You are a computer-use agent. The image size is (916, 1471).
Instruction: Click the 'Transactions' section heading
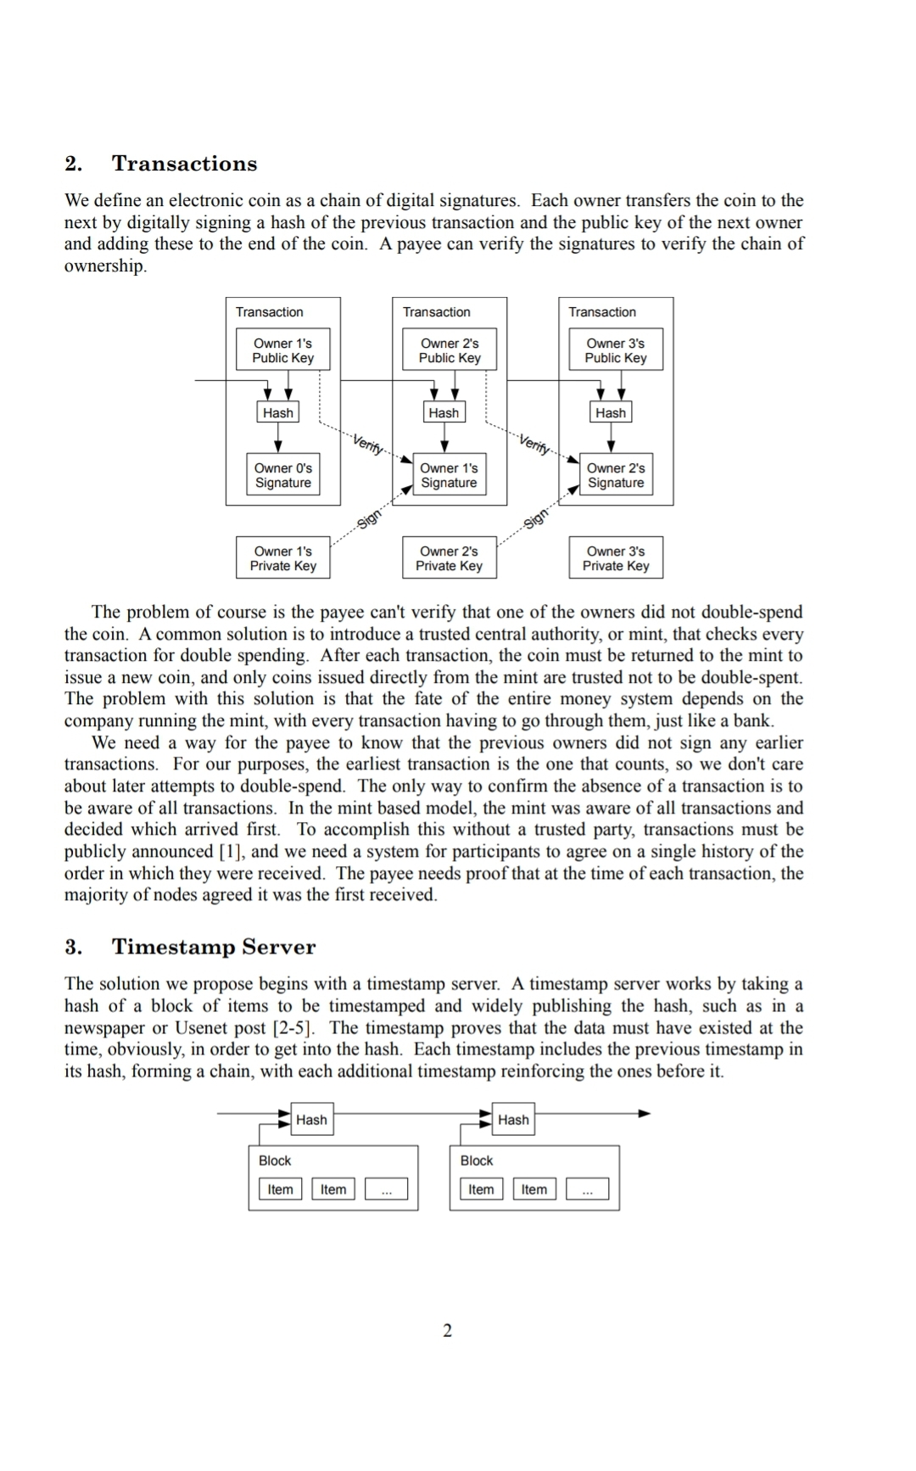(184, 164)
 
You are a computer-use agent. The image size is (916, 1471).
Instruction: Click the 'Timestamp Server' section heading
(214, 947)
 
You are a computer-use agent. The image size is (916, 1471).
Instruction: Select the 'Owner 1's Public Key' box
(282, 350)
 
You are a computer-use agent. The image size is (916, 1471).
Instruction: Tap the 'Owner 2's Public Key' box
(450, 350)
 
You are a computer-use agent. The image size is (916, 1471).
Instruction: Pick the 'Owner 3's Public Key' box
(616, 350)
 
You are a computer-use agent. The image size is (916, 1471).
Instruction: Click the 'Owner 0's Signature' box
(283, 475)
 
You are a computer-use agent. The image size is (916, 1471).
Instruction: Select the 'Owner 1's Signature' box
(449, 475)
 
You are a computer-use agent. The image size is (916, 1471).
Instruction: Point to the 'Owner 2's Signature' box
(616, 475)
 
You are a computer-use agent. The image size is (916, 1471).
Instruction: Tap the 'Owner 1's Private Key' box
(282, 558)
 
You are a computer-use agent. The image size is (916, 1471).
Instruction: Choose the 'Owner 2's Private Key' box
(449, 558)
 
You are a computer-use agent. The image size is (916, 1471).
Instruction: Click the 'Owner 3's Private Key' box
(616, 558)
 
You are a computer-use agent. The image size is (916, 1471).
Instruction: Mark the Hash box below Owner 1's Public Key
(278, 413)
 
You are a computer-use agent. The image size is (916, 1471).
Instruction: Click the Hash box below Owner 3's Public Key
(611, 413)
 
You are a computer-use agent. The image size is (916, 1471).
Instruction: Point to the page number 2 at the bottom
(448, 1330)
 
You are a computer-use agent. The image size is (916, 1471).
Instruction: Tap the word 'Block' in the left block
(275, 1161)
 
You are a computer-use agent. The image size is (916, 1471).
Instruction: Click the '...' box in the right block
(588, 1189)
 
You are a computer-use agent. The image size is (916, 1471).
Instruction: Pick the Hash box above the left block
(311, 1120)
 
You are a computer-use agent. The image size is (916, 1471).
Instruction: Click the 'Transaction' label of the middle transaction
(436, 312)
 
